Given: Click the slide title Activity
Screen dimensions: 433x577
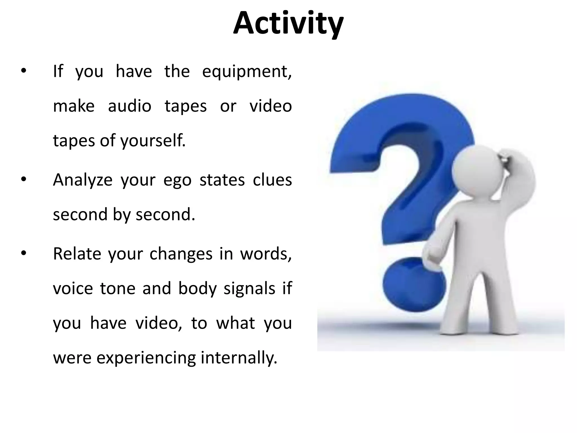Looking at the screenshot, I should [288, 24].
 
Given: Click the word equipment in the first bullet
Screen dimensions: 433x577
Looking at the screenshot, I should [247, 72].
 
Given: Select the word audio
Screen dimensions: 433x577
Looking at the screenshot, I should [130, 106].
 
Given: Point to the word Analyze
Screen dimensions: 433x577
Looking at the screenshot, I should [83, 180].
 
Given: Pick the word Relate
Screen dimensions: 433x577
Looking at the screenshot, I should [77, 254].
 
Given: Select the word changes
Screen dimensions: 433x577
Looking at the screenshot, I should [181, 254].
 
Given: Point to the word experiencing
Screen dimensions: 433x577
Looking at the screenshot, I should [146, 358].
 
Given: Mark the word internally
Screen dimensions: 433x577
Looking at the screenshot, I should [239, 358].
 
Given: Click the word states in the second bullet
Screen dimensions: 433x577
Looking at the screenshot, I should [222, 180].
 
